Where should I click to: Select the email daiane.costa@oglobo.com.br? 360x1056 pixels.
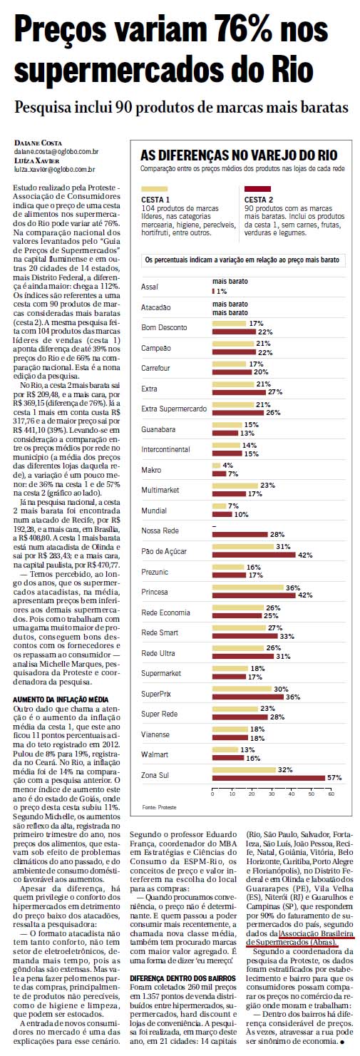[x=56, y=152]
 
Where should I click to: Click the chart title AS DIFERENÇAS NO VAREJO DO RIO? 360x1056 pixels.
[x=239, y=155]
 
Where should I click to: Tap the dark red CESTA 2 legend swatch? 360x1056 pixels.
[x=257, y=188]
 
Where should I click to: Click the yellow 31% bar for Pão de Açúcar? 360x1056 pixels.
[x=243, y=547]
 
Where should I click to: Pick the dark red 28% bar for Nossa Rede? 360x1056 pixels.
[x=240, y=534]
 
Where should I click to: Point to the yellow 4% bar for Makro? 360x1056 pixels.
[x=216, y=466]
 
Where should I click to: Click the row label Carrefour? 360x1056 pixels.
[x=155, y=368]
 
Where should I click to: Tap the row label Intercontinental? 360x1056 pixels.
[x=165, y=449]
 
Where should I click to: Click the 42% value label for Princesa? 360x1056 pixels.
[x=305, y=595]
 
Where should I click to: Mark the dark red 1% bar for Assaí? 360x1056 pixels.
[x=213, y=292]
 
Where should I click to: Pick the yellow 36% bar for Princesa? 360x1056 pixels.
[x=248, y=588]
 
